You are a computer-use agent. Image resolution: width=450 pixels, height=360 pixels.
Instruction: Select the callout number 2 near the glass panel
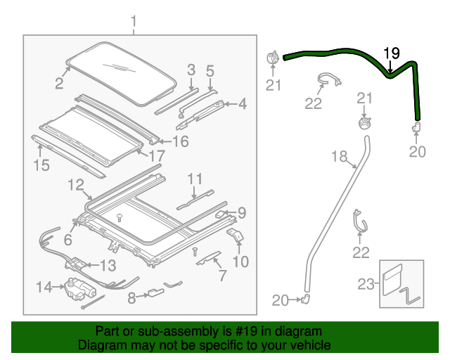pyautogui.click(x=59, y=84)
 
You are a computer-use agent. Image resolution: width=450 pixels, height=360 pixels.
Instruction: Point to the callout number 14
pyautogui.click(x=44, y=286)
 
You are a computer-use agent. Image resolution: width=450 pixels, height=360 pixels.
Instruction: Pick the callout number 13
pyautogui.click(x=108, y=266)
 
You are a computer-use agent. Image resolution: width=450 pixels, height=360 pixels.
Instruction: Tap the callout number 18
pyautogui.click(x=339, y=157)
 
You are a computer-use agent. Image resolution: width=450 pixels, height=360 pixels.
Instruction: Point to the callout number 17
pyautogui.click(x=157, y=154)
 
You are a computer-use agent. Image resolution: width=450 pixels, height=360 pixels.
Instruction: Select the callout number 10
pyautogui.click(x=240, y=262)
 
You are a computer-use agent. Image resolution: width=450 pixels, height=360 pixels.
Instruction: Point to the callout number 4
pyautogui.click(x=242, y=105)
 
